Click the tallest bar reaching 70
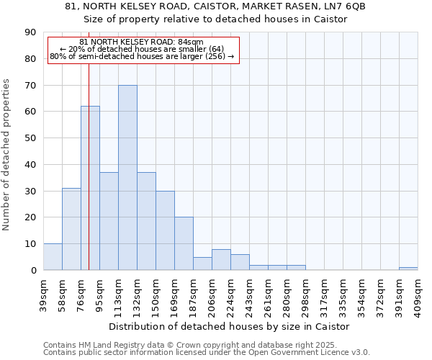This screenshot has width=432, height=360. tap(127, 178)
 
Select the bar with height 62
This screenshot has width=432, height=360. tap(90, 188)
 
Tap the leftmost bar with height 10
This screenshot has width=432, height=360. tap(53, 257)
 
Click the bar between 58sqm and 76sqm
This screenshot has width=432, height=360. tap(71, 229)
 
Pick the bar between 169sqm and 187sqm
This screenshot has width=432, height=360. tap(184, 243)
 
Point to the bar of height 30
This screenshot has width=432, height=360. tap(165, 230)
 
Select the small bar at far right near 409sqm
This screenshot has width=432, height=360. tap(408, 269)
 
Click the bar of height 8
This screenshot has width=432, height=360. tap(221, 260)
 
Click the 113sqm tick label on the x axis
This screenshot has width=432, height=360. tap(118, 294)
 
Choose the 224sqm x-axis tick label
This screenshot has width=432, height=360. tap(230, 294)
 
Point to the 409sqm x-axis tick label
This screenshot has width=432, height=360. tap(418, 294)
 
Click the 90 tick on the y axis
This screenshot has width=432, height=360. tap(30, 32)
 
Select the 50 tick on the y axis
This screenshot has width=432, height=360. tap(30, 138)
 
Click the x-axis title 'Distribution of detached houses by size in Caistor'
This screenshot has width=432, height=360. tap(230, 326)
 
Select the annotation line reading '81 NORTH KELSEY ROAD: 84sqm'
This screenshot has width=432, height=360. tap(142, 42)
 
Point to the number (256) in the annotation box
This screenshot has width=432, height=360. tap(215, 56)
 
